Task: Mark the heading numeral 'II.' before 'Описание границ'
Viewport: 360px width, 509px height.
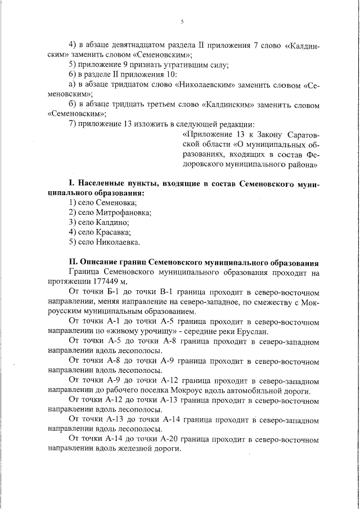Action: point(73,263)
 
